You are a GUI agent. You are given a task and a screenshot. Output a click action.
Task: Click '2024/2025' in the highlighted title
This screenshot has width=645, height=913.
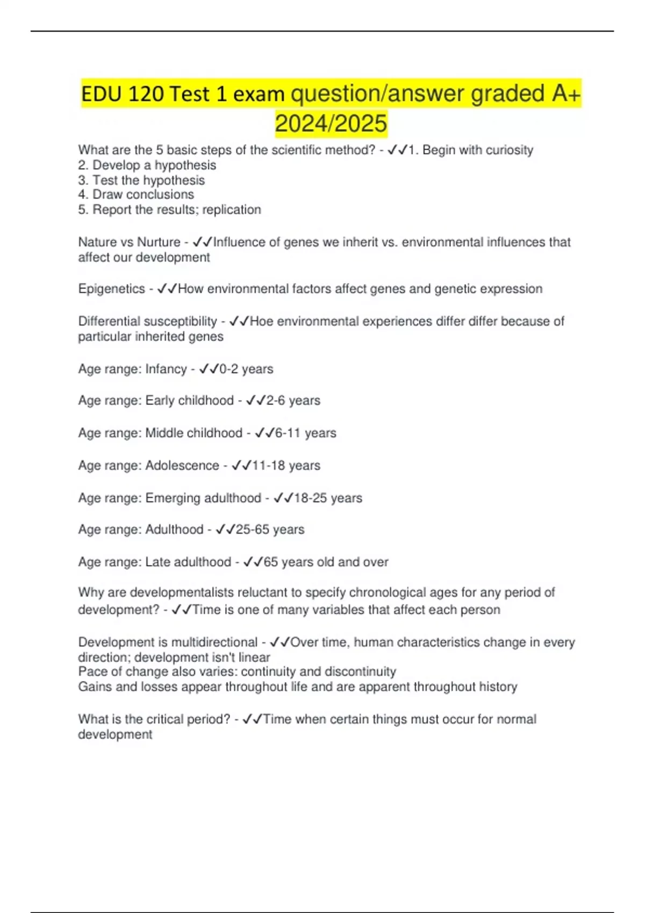coord(331,123)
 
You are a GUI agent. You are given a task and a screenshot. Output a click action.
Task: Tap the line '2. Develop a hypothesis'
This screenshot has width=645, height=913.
coord(147,165)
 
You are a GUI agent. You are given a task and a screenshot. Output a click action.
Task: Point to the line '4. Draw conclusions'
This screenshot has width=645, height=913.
coord(136,194)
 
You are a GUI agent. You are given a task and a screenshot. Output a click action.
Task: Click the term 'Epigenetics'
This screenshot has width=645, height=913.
coord(111,289)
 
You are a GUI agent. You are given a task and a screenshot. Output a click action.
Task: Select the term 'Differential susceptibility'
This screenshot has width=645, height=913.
coord(147,321)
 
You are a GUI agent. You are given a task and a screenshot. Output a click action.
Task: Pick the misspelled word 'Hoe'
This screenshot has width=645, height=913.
coord(261,321)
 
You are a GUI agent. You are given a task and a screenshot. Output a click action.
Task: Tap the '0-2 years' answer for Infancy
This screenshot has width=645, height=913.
coord(246,369)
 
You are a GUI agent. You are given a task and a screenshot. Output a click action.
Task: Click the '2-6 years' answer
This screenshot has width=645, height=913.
coord(293,401)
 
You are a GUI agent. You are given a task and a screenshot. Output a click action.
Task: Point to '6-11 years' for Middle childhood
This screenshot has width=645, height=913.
coord(305,433)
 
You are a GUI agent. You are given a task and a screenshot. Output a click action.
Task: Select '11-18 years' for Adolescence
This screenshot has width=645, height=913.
coord(286,465)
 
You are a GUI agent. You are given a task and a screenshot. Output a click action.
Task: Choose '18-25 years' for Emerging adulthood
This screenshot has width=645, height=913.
coord(328,498)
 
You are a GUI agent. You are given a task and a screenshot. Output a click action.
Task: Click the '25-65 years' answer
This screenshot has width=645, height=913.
coord(270,530)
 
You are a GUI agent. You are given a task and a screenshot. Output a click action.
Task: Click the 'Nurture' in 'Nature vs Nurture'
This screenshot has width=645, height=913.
coord(159,242)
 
